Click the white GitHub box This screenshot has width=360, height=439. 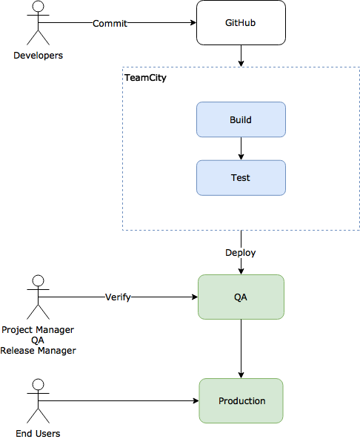click(241, 23)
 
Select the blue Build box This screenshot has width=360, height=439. click(241, 119)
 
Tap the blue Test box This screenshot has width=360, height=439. click(241, 178)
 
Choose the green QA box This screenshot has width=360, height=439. click(241, 297)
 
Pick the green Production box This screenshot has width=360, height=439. click(241, 400)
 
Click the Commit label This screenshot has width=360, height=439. click(110, 24)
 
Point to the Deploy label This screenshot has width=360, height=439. click(241, 253)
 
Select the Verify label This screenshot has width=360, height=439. click(118, 297)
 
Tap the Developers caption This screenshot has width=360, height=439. click(38, 56)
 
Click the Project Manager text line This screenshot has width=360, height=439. click(38, 330)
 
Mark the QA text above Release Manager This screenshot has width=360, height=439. click(38, 340)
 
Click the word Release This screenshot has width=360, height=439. click(18, 351)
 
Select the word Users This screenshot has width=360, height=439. click(47, 433)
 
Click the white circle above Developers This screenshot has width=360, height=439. click(38, 7)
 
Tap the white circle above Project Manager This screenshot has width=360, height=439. click(38, 280)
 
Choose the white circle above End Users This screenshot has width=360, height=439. click(38, 384)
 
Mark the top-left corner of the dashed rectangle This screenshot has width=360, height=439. click(123, 67)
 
